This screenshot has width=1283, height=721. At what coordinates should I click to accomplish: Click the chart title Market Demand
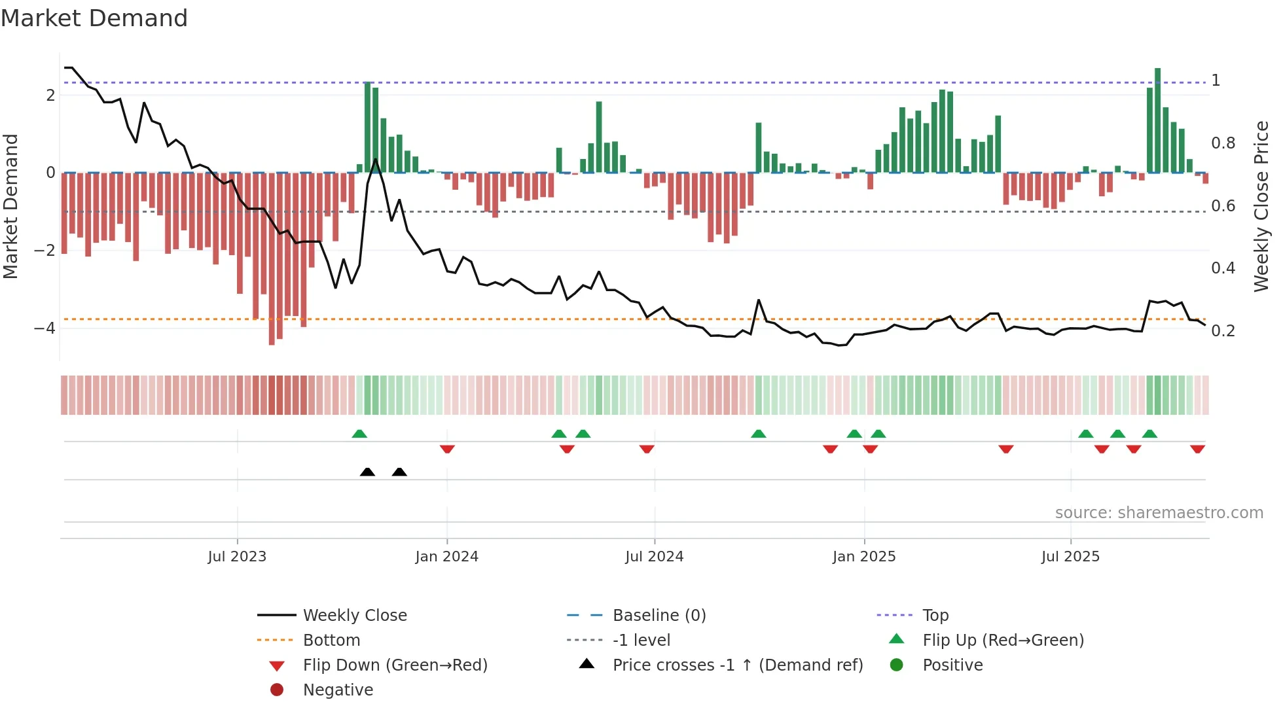pos(94,18)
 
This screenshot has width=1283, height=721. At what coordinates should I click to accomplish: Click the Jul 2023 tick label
pos(237,556)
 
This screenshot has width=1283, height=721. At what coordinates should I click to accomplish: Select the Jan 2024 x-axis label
pos(447,556)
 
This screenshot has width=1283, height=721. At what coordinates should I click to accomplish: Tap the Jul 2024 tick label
pos(654,556)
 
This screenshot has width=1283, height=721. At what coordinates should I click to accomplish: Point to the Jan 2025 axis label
pos(864,556)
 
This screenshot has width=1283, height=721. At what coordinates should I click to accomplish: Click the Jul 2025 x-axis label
pos(1070,556)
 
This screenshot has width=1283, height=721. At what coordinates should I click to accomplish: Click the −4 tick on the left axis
pos(45,328)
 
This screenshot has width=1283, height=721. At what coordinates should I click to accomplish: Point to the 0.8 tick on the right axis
pos(1223,143)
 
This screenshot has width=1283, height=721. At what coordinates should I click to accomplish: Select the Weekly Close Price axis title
pos(1261,205)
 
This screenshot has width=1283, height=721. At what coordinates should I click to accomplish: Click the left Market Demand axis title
pos(10,205)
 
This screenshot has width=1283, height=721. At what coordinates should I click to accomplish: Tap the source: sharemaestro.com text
pos(1159,512)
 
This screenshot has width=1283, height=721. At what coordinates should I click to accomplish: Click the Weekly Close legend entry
pos(355,615)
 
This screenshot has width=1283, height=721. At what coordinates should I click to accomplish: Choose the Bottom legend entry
pos(331,640)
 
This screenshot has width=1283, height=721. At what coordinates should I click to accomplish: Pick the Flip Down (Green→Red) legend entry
pos(395,665)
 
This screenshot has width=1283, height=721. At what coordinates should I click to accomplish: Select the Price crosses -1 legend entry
pos(738,665)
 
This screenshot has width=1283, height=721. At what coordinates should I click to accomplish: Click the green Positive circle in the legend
pos(897,665)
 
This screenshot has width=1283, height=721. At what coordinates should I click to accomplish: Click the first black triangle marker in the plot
pos(367,472)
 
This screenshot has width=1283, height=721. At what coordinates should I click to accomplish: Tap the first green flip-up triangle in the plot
pos(359,434)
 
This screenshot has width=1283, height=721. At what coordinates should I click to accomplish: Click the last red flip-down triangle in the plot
pos(1197,449)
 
